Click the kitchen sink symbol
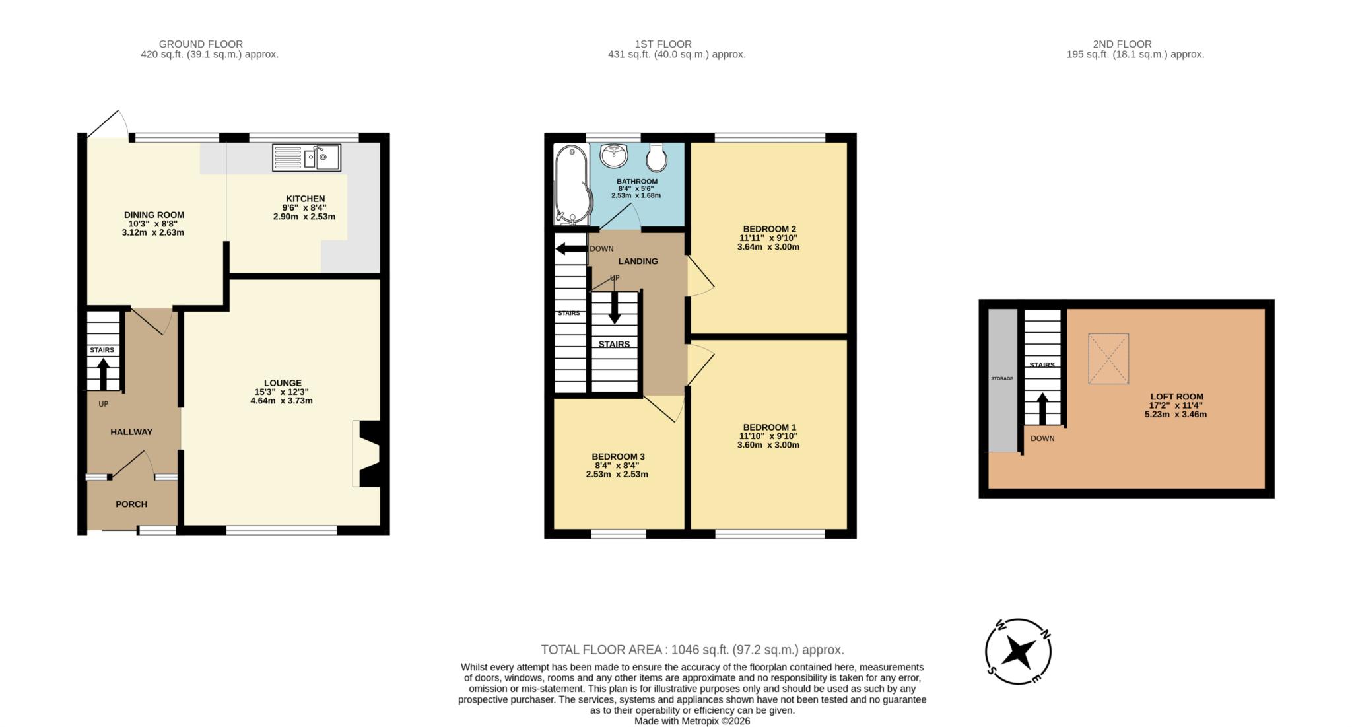tap(306, 158)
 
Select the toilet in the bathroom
tap(658, 156)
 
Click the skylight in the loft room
tap(1108, 359)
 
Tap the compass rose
tap(1019, 652)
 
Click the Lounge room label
tap(283, 383)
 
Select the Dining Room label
tap(154, 215)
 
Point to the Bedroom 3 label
tap(618, 456)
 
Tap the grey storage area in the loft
tap(1002, 380)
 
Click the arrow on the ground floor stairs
tap(103, 374)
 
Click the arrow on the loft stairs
tap(1043, 409)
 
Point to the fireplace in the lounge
tap(368, 454)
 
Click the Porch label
tap(131, 504)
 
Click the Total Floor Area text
tap(693, 650)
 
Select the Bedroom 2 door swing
tap(700, 276)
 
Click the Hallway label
tap(131, 432)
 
